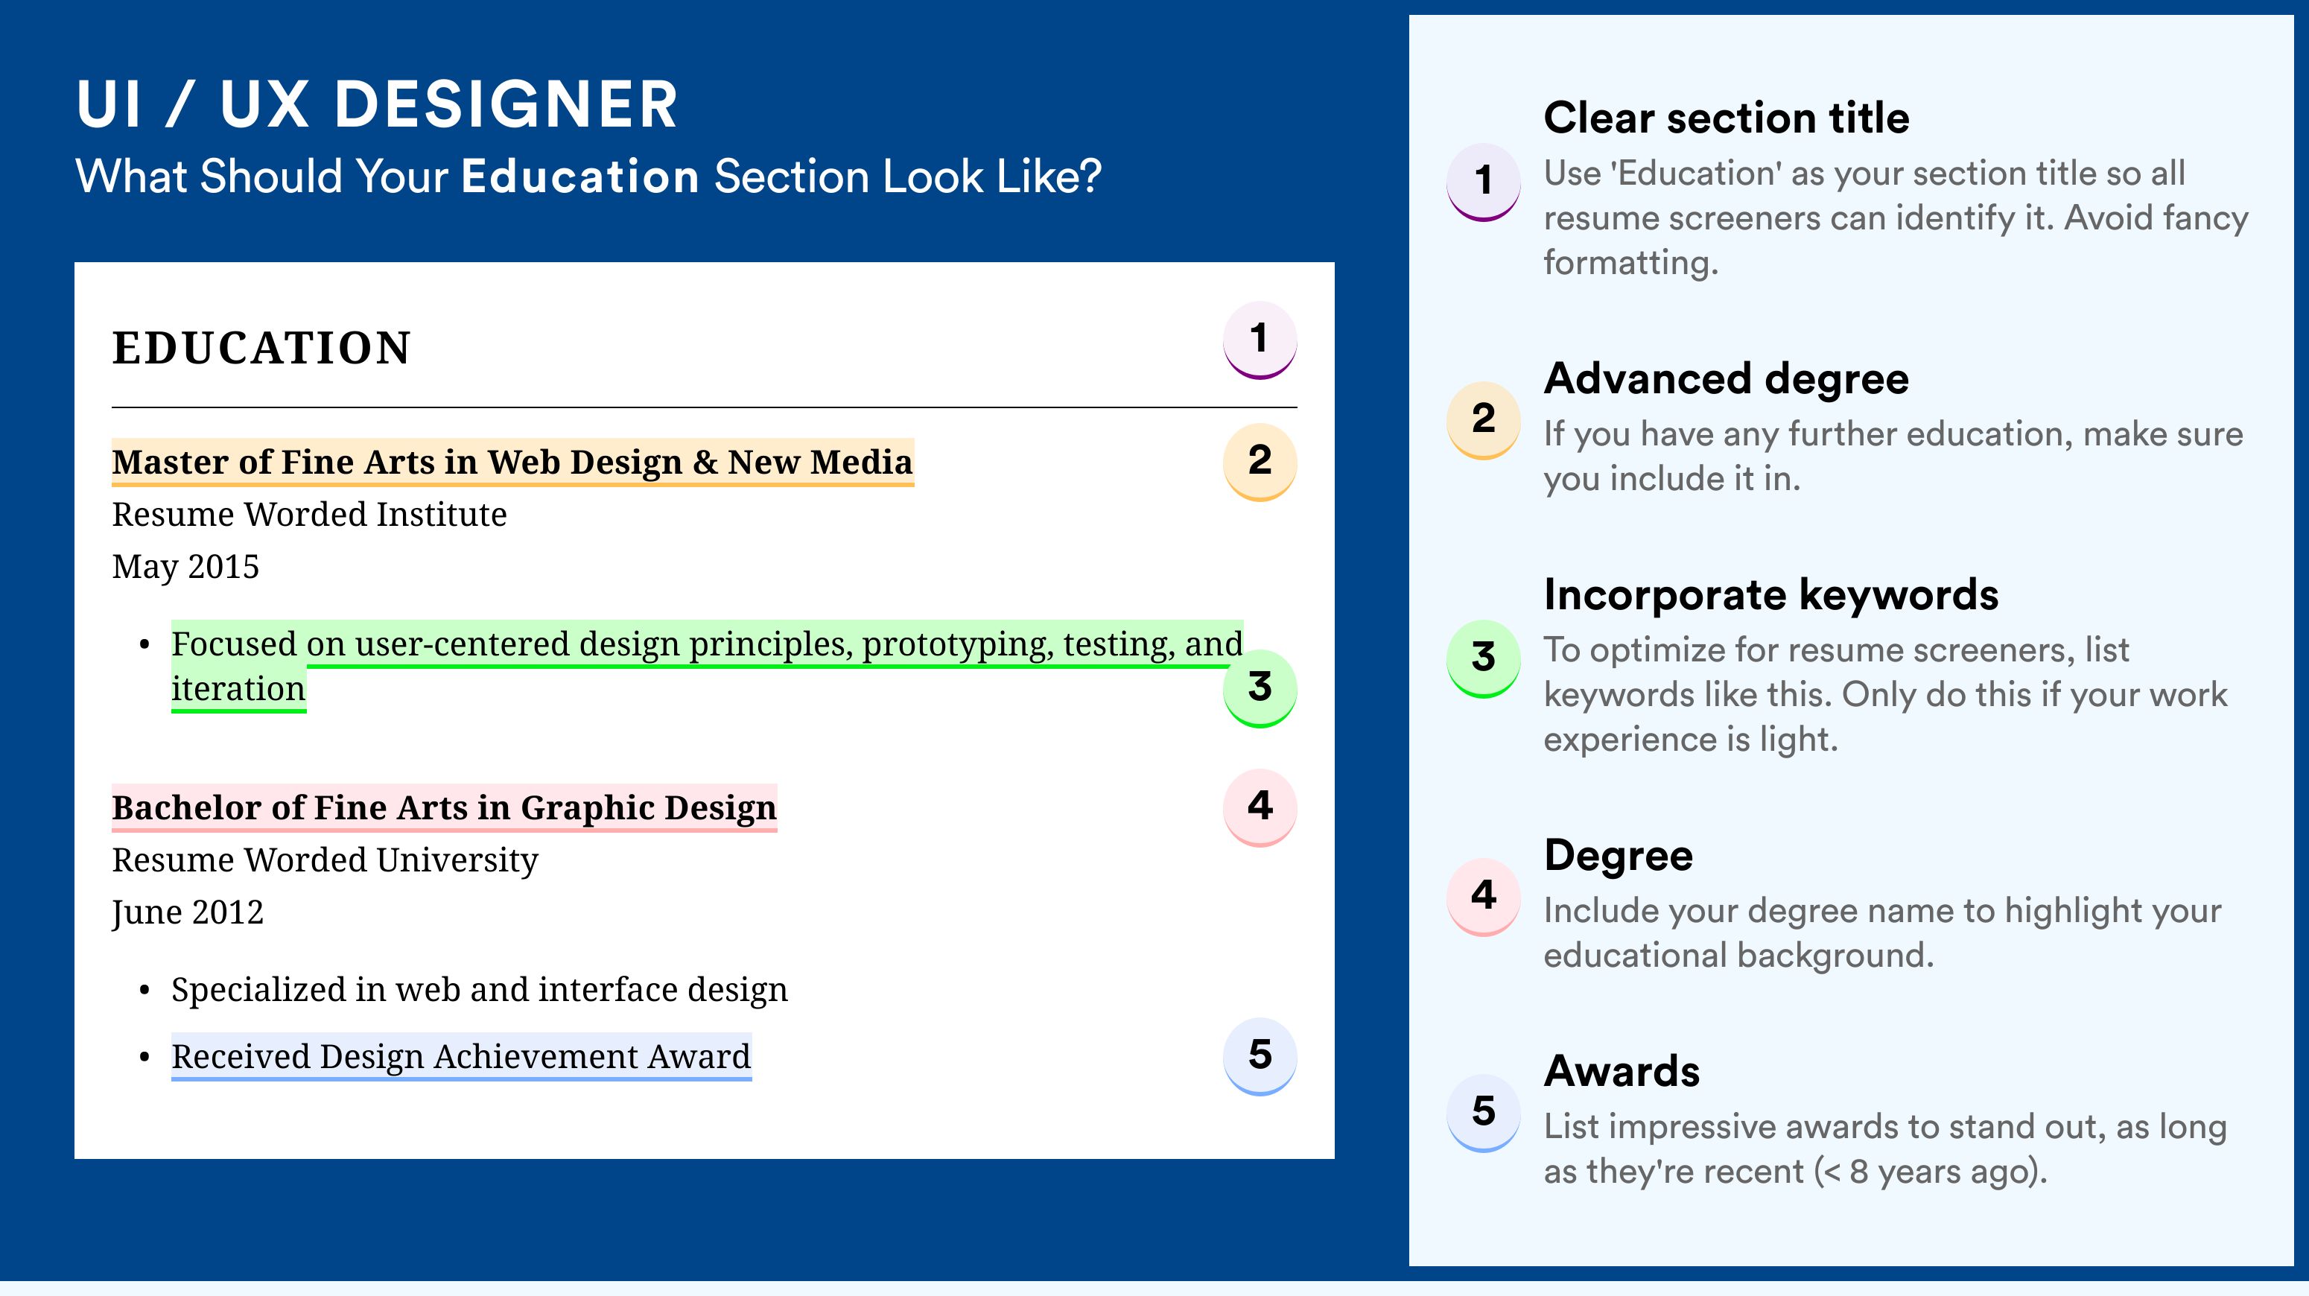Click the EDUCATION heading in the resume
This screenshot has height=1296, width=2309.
(x=261, y=348)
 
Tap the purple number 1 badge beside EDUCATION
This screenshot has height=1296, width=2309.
(x=1260, y=340)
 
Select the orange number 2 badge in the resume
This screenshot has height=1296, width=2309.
(x=1260, y=462)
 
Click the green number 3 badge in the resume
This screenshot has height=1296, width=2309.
(x=1260, y=688)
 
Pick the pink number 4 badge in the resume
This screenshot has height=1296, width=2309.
(x=1260, y=807)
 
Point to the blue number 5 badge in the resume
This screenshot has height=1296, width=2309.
(x=1260, y=1056)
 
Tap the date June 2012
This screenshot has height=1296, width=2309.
(x=188, y=913)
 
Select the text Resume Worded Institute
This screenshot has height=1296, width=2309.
(x=309, y=515)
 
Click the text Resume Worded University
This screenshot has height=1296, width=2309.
(x=325, y=860)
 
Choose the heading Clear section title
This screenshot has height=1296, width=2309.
(x=1727, y=118)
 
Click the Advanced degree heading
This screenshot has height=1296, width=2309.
(x=1727, y=379)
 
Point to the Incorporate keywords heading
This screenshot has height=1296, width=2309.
(x=1771, y=595)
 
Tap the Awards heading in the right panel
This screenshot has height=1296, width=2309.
(x=1622, y=1071)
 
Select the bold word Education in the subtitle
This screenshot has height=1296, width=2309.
(x=580, y=176)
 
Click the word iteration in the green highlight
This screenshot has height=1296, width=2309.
(x=238, y=689)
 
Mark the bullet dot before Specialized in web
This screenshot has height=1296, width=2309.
(x=144, y=991)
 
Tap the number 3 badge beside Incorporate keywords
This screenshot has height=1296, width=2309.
(x=1484, y=658)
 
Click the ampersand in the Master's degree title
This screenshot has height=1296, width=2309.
(x=705, y=463)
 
